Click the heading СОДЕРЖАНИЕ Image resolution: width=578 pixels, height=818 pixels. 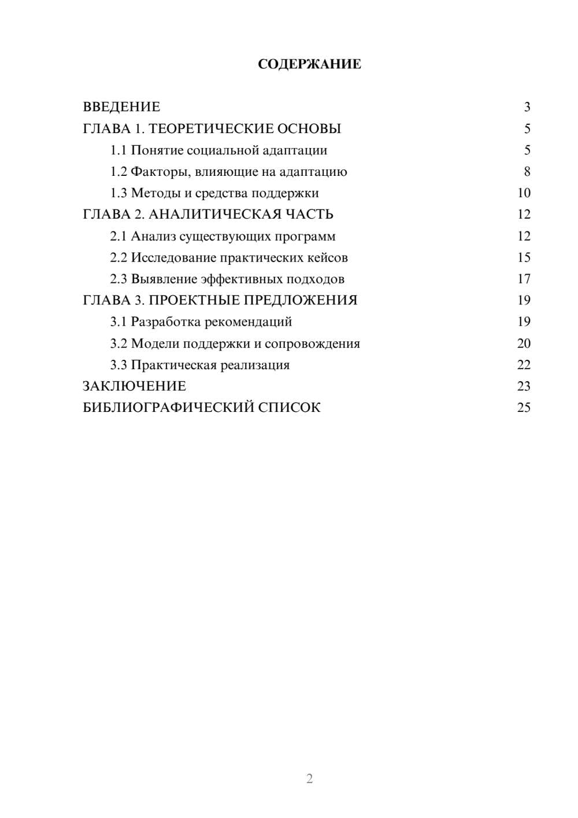[x=309, y=64]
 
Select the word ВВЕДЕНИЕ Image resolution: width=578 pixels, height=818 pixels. [x=121, y=107]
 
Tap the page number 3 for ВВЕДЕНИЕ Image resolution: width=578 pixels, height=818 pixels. [x=527, y=107]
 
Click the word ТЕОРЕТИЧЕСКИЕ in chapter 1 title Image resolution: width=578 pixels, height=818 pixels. [x=211, y=128]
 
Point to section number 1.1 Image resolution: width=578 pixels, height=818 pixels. [x=118, y=150]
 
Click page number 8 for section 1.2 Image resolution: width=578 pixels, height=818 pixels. [x=527, y=172]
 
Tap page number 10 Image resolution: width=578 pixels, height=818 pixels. [x=524, y=193]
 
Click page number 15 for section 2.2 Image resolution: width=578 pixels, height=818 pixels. [x=524, y=257]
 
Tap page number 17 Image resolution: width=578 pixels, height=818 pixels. [x=524, y=279]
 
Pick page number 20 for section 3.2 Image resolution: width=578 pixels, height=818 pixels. [x=524, y=344]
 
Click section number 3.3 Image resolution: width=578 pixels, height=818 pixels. [x=118, y=365]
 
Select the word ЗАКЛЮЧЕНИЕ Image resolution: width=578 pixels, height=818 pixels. [x=134, y=386]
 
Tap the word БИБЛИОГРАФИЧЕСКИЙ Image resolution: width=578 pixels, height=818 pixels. [x=168, y=408]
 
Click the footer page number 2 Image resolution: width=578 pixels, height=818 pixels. [x=309, y=779]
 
